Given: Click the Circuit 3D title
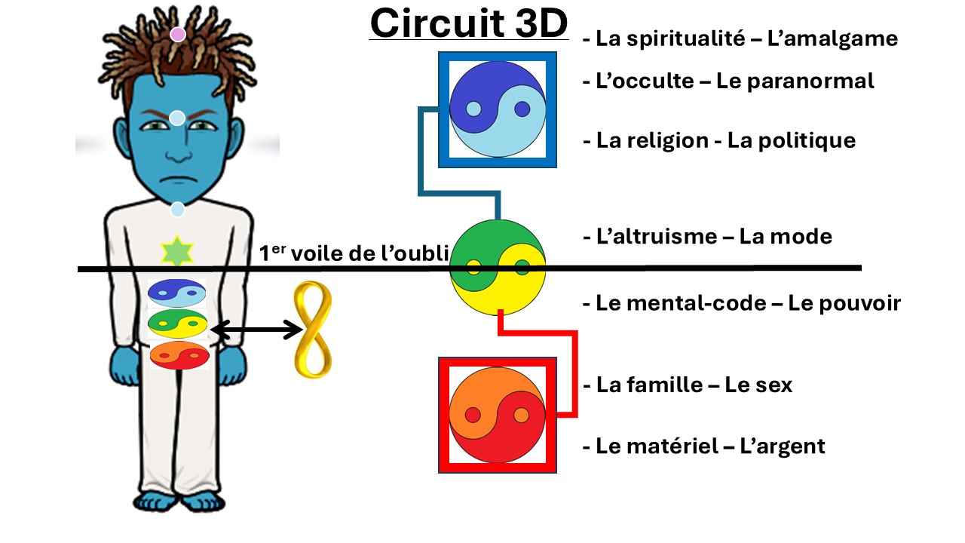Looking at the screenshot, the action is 469,23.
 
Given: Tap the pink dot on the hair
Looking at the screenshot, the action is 177,35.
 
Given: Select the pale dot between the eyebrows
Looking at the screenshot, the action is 177,118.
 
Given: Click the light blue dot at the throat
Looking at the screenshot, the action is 177,210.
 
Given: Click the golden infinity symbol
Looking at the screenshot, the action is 313,330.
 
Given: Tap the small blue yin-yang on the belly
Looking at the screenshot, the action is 176,293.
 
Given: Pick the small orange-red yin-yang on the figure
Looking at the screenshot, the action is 179,355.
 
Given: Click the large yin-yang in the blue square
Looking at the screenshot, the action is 498,109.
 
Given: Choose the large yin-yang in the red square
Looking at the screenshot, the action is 498,415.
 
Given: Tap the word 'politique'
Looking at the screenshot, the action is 792,141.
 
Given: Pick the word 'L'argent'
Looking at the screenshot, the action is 783,446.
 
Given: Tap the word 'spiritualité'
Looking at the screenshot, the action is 686,39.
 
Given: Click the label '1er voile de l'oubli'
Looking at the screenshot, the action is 354,253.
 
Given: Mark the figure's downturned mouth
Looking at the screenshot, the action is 179,179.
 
